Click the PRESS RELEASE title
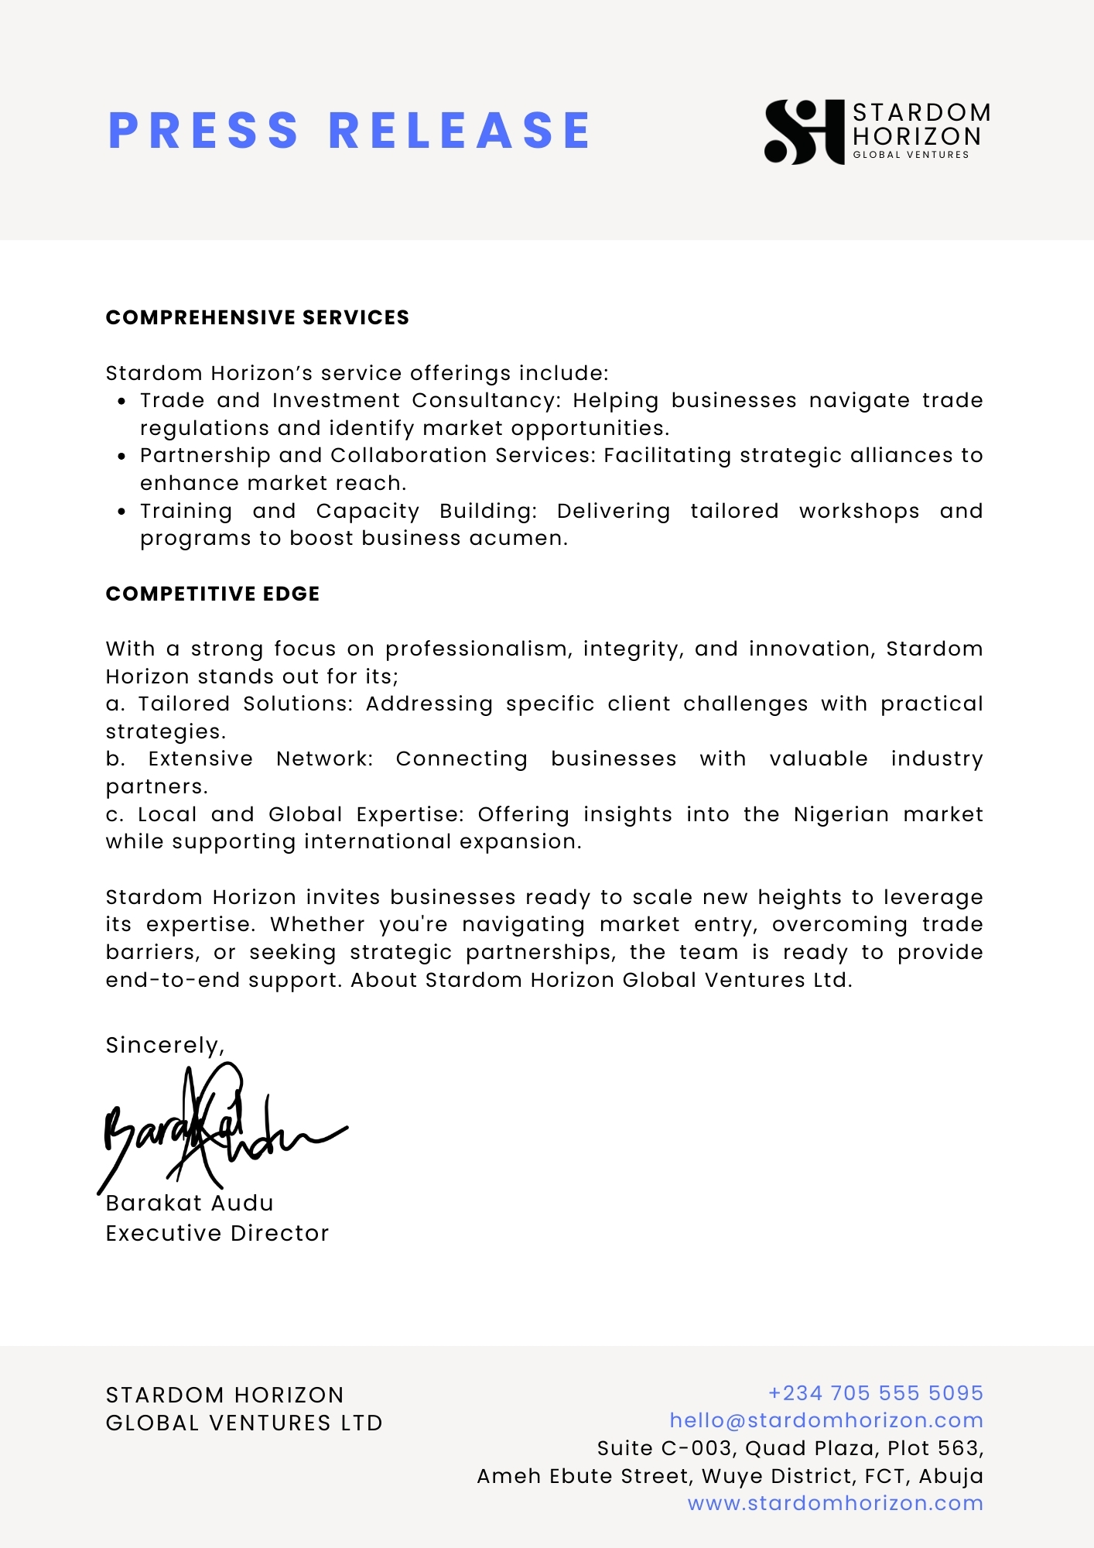pyautogui.click(x=350, y=130)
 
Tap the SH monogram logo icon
pyautogui.click(x=804, y=132)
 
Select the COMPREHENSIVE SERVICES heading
pyautogui.click(x=257, y=317)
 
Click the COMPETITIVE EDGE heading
pyautogui.click(x=213, y=594)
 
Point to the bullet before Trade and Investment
pyautogui.click(x=121, y=402)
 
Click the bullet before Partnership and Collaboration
pyautogui.click(x=121, y=457)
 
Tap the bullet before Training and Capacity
pyautogui.click(x=121, y=512)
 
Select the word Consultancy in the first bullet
pyautogui.click(x=485, y=401)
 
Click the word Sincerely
pyautogui.click(x=164, y=1046)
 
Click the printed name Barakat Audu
pyautogui.click(x=190, y=1203)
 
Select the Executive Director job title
pyautogui.click(x=217, y=1233)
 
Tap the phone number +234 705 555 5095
pyautogui.click(x=875, y=1393)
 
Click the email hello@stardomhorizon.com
pyautogui.click(x=826, y=1420)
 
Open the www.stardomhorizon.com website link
pyautogui.click(x=836, y=1503)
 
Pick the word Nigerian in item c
pyautogui.click(x=841, y=814)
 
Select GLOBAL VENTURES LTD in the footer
pyautogui.click(x=244, y=1423)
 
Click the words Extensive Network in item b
pyautogui.click(x=260, y=759)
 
